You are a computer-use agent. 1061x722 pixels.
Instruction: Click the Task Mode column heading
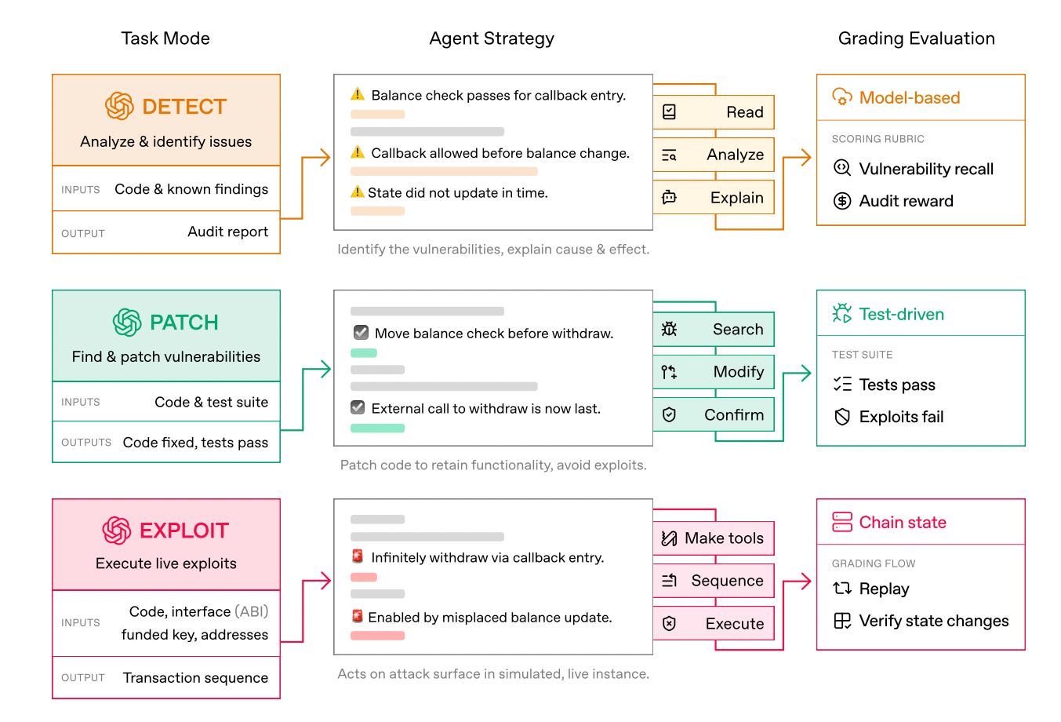click(165, 38)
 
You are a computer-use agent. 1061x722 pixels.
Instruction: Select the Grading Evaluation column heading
click(916, 38)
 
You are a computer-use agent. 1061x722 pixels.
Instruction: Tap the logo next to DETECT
click(119, 106)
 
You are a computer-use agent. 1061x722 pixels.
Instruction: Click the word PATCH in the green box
click(184, 323)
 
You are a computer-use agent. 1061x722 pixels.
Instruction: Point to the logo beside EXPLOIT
click(117, 531)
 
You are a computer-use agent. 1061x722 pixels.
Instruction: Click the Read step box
click(714, 112)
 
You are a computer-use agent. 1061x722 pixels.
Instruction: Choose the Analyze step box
click(714, 155)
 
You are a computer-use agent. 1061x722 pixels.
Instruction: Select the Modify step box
click(714, 372)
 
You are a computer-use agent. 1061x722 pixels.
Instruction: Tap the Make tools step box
click(714, 538)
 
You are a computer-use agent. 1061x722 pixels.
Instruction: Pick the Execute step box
click(714, 623)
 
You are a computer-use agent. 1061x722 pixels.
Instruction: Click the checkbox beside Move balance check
click(361, 332)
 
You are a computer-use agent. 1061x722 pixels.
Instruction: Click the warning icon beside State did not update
click(357, 192)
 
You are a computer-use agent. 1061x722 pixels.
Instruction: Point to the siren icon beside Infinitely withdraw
click(358, 556)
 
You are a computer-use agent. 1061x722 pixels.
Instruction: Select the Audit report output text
click(228, 232)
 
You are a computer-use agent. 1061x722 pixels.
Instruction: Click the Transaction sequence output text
click(195, 677)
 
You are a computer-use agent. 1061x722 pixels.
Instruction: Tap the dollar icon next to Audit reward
click(842, 201)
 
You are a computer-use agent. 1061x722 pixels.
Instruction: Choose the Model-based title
click(910, 97)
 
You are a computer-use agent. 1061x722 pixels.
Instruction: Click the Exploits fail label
click(901, 417)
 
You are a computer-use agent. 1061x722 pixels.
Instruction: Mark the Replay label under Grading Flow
click(884, 589)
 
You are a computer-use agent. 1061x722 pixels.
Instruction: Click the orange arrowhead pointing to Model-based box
click(806, 158)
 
